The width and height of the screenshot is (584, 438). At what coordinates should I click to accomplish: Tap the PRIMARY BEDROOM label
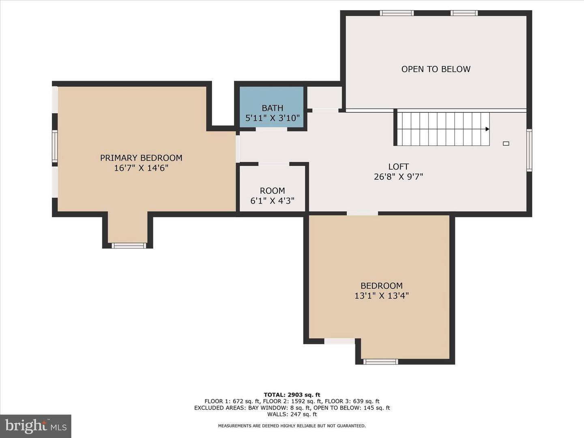tap(141, 158)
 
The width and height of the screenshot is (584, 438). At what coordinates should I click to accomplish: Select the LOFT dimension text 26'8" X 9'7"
tap(398, 177)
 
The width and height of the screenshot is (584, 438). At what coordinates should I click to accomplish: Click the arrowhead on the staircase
tap(487, 129)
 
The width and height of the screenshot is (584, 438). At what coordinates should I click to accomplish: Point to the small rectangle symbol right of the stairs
tap(506, 144)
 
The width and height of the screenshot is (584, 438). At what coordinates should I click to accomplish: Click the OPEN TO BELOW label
tap(436, 69)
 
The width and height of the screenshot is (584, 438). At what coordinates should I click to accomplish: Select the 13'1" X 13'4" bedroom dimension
tap(382, 296)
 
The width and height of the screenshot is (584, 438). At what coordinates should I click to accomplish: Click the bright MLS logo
tap(36, 426)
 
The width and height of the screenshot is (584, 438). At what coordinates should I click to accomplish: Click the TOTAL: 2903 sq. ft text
tap(292, 395)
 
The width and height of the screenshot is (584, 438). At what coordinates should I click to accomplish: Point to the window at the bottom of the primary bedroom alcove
tap(129, 245)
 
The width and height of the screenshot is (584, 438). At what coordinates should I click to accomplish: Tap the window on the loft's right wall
tap(530, 150)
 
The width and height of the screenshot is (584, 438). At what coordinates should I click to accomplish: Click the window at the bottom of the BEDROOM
tap(381, 361)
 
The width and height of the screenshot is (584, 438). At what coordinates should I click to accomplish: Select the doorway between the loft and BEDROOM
tap(363, 213)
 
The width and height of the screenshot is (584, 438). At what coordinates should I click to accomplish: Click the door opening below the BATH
tap(271, 129)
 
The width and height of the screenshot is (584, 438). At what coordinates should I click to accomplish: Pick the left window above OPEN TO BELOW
tap(397, 13)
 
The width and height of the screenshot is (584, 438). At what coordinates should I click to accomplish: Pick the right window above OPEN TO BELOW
tap(464, 13)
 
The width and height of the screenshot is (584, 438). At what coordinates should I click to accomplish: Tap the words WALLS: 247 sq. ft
tap(292, 414)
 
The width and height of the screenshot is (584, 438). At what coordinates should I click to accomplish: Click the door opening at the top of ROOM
tap(274, 164)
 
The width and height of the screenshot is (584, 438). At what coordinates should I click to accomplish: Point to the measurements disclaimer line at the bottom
tap(292, 426)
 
